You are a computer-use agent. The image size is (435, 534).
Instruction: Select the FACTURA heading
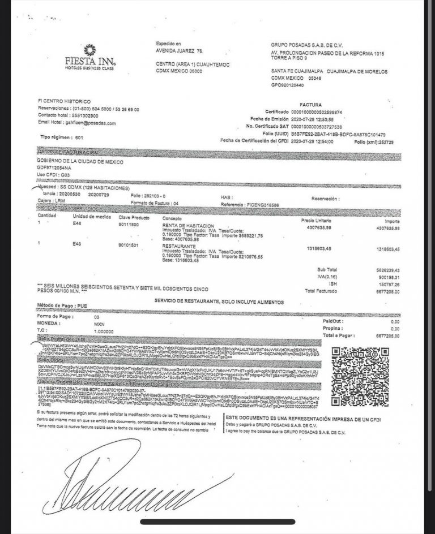[x=310, y=105]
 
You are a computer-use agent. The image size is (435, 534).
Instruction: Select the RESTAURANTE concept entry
[x=181, y=247]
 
